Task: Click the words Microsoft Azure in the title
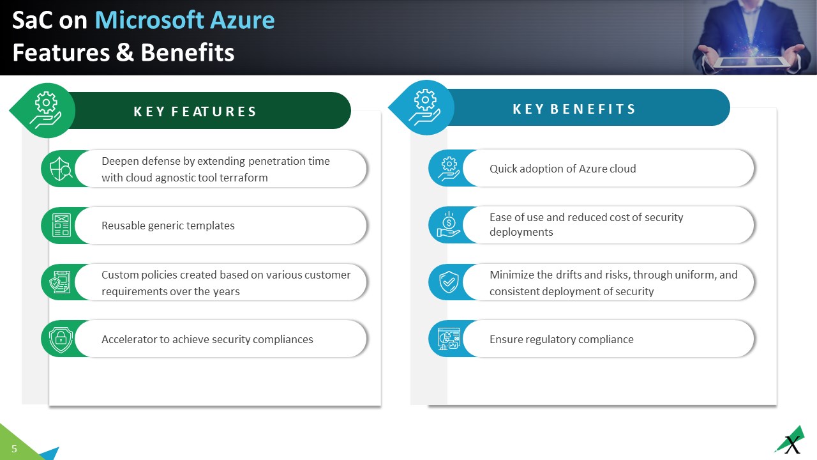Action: click(x=184, y=20)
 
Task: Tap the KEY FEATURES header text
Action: click(x=195, y=112)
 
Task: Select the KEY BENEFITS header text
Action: click(x=574, y=109)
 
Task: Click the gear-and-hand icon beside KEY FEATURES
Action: click(x=46, y=111)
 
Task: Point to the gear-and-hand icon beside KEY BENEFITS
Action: click(x=425, y=107)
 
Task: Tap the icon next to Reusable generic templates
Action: click(x=61, y=226)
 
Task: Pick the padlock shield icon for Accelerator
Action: click(x=61, y=339)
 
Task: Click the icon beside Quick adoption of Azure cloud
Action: click(x=448, y=168)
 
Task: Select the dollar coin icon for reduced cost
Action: click(x=448, y=224)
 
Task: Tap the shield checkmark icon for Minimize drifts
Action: click(x=448, y=282)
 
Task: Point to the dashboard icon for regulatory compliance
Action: click(x=448, y=339)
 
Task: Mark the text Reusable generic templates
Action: click(x=168, y=226)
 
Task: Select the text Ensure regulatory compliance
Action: click(x=561, y=339)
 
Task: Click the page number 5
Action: click(x=14, y=449)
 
